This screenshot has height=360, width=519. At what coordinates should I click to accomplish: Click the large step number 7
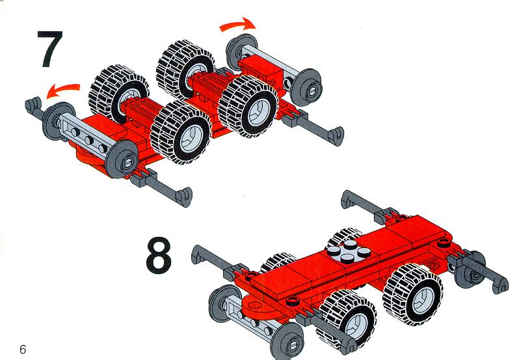50,49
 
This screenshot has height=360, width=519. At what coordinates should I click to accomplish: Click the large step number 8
159,255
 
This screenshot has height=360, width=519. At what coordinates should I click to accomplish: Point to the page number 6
23,349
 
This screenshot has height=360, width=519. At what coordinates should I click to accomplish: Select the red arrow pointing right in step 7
237,25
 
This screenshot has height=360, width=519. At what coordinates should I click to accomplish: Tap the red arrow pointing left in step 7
63,90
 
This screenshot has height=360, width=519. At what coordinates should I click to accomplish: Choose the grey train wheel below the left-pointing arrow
59,121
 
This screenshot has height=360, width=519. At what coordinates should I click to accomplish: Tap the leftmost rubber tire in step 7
118,93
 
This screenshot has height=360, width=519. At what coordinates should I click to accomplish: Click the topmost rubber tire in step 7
185,70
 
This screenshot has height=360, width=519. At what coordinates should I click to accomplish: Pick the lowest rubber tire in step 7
181,132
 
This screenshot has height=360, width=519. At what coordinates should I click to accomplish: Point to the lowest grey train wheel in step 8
287,341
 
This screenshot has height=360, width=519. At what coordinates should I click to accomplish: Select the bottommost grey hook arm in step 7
161,187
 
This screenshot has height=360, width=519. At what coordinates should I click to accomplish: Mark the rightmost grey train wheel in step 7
308,88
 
